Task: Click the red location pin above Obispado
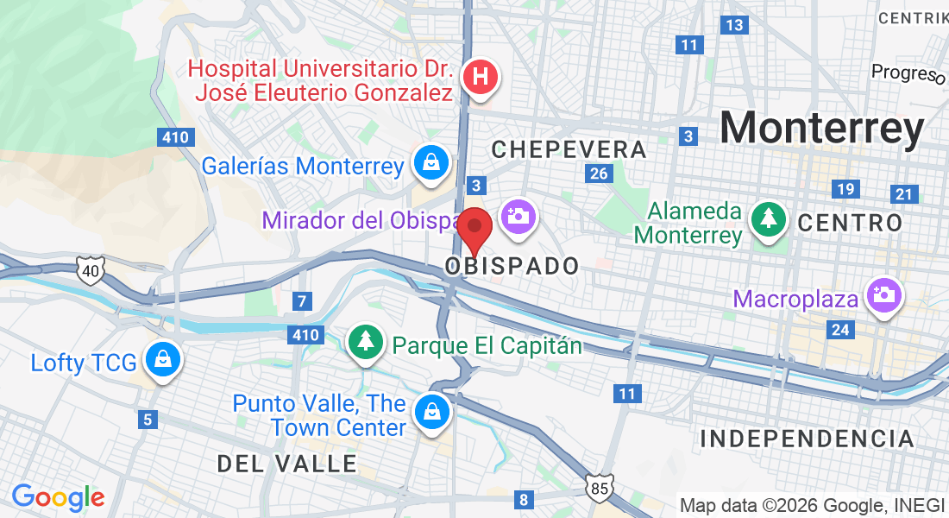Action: (474, 229)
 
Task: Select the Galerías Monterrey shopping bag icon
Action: (429, 161)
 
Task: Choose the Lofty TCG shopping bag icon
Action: (161, 358)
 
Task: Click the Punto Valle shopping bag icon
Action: (431, 412)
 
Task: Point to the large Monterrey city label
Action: (822, 129)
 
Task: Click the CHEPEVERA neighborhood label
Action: (569, 149)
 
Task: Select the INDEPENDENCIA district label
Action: (807, 439)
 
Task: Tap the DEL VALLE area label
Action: (287, 464)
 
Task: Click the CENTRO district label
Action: (850, 224)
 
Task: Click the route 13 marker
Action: (734, 25)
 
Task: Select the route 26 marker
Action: (599, 174)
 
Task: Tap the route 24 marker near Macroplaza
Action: (840, 329)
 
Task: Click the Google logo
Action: (58, 497)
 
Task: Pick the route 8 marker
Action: (524, 499)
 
